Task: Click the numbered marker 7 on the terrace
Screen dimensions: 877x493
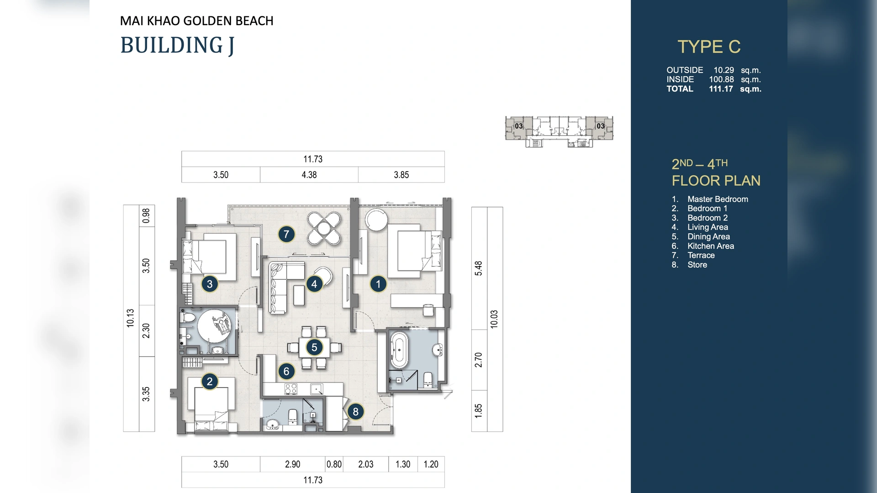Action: [286, 234]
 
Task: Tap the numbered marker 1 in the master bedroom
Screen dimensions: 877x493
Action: [378, 284]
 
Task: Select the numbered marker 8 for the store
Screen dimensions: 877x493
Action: [355, 412]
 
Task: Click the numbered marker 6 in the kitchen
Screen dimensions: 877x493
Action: [286, 371]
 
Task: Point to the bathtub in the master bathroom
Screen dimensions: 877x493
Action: [399, 350]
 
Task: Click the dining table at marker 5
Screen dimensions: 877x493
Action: [314, 347]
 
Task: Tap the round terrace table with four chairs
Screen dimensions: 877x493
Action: [324, 228]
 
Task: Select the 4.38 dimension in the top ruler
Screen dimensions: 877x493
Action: [309, 175]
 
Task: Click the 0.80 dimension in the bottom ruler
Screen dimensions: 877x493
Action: [334, 464]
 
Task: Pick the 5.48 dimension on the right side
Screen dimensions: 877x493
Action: [479, 268]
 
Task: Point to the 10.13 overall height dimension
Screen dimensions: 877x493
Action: [131, 318]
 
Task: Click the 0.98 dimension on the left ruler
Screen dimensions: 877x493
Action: [146, 215]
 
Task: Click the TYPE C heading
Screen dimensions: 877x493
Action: [708, 47]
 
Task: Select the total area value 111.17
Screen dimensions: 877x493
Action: [721, 89]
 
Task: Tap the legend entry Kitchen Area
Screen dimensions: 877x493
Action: [710, 246]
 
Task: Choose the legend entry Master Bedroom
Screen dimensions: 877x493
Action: [717, 199]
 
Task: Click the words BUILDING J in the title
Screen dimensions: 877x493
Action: [177, 45]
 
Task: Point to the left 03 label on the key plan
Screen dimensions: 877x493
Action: [518, 126]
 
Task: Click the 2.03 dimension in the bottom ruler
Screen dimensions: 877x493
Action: [365, 464]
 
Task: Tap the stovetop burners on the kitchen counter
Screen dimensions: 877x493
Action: [291, 389]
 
